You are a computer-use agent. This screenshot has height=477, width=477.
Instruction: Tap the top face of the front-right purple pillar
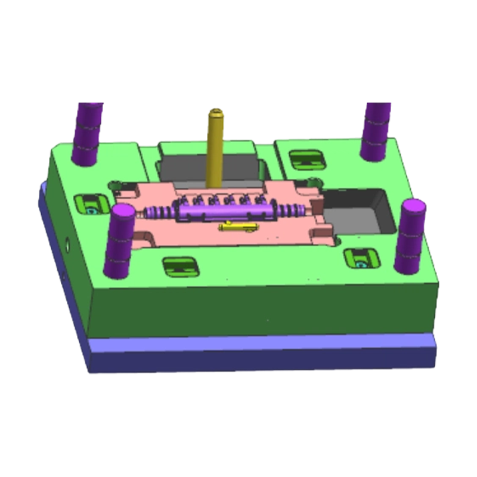(413, 207)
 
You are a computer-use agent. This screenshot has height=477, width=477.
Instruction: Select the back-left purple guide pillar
(86, 134)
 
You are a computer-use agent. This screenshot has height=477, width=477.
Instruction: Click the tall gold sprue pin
(215, 149)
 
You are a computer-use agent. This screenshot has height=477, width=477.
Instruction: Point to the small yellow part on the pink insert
(237, 227)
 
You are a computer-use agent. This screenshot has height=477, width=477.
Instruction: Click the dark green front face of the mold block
(262, 310)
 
